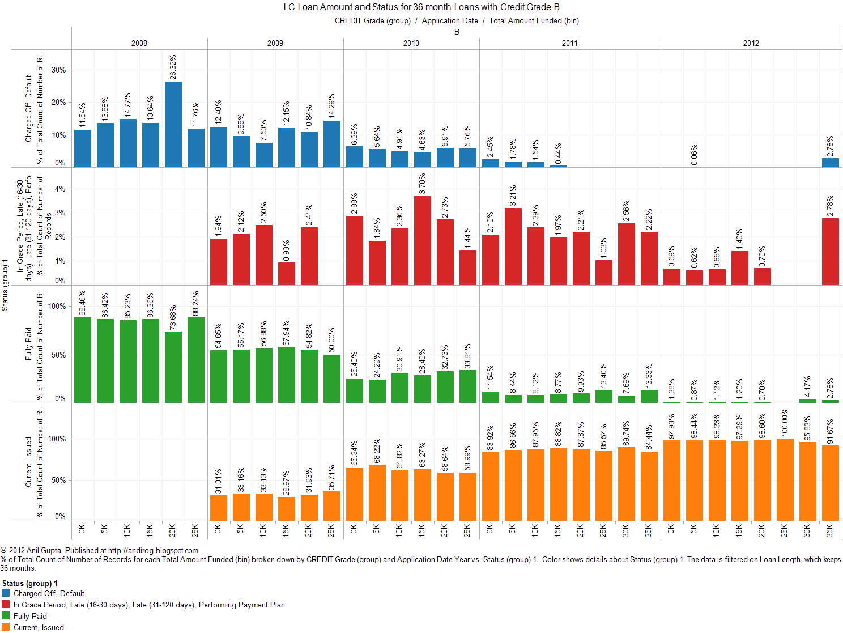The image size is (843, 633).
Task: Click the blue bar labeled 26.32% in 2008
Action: tap(173, 124)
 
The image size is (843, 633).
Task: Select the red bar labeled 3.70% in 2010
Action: tap(423, 240)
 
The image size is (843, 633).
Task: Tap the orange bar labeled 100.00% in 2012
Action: tap(785, 479)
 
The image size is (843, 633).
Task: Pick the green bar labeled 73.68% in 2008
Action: tap(173, 367)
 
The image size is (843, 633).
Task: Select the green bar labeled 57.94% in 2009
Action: tap(287, 375)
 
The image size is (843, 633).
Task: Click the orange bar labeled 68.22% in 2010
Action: tap(377, 492)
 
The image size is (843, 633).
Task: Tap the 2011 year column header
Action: tap(570, 43)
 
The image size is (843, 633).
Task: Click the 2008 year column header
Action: tap(139, 43)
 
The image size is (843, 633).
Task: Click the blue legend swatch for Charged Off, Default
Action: tap(6, 593)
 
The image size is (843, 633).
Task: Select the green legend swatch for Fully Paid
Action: tap(6, 616)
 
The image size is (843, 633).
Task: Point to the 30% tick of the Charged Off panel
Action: tap(59, 70)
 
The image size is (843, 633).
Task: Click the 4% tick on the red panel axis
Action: tap(60, 189)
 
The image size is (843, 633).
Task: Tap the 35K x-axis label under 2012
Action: tap(830, 530)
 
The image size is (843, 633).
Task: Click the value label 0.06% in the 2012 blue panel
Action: tap(695, 155)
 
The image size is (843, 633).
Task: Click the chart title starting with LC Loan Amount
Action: tap(421, 7)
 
